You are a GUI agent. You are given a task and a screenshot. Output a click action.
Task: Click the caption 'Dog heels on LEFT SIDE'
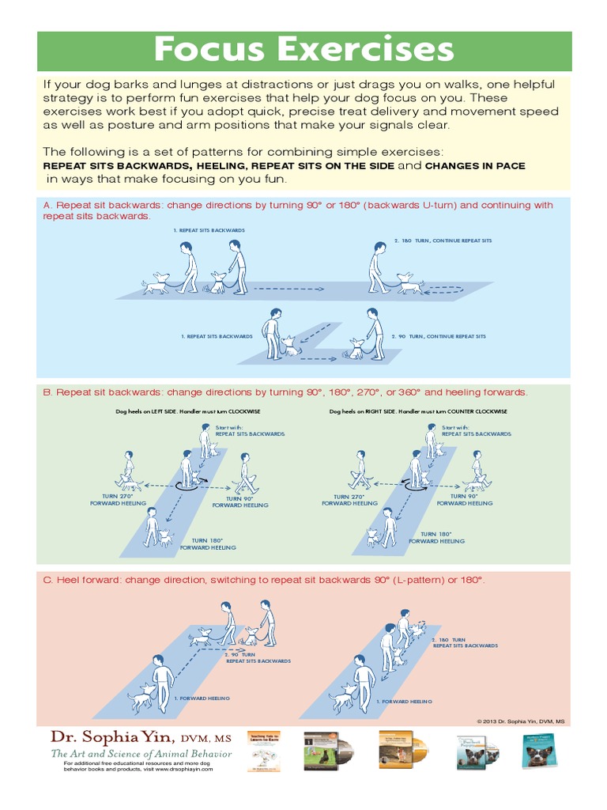[x=187, y=411]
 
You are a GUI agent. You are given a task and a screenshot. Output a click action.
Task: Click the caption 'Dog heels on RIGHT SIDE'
[x=418, y=411]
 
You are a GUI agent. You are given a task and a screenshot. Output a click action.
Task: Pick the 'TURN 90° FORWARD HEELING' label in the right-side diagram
[x=464, y=500]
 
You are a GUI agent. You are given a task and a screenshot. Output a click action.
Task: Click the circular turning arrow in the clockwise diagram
[x=189, y=487]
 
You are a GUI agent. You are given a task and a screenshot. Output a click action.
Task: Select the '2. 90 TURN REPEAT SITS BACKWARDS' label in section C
[x=258, y=657]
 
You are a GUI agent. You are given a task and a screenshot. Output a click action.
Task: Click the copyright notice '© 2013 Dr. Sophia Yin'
[x=521, y=721]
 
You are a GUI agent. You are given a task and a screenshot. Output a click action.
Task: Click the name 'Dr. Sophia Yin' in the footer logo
[x=109, y=737]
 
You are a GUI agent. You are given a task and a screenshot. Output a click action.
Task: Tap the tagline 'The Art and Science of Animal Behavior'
[x=141, y=754]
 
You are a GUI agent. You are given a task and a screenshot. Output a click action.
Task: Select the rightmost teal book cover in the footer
[x=538, y=751]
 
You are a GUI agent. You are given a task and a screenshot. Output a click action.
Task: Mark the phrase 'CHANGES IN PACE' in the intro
[x=475, y=166]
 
